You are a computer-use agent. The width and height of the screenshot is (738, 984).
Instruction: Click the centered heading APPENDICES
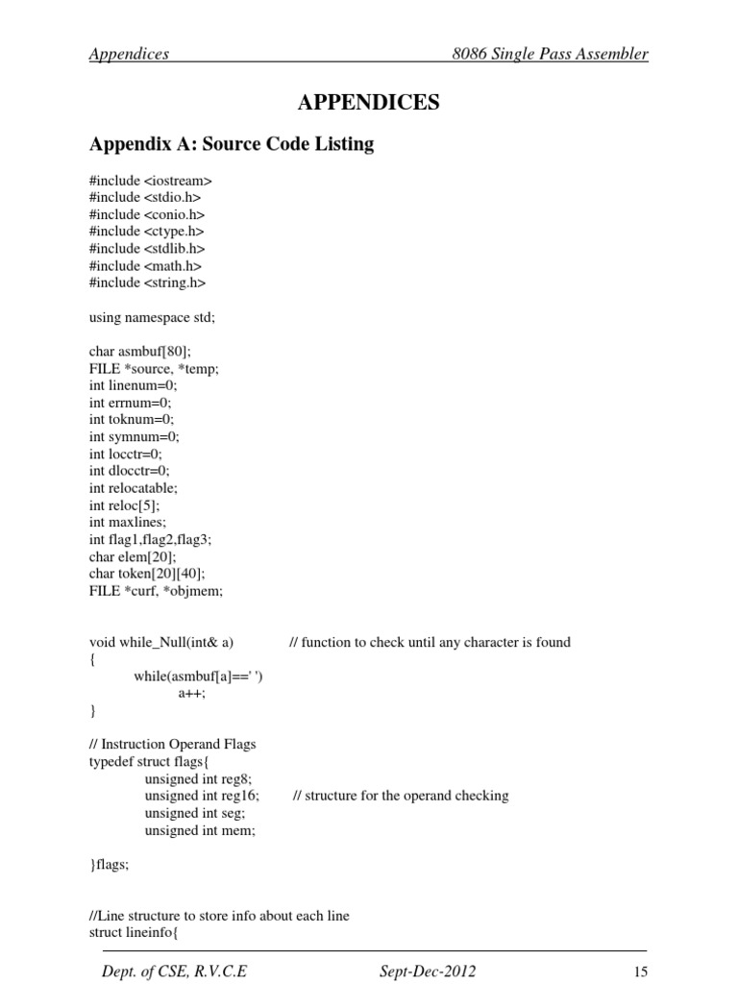[x=369, y=103]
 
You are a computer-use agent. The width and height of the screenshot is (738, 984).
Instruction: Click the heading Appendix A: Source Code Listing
[x=231, y=145]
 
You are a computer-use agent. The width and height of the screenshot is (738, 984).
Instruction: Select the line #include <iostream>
[x=150, y=181]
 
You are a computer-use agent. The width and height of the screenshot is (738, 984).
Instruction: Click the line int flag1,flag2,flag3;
[x=150, y=540]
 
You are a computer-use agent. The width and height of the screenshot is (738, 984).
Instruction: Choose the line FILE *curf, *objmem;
[x=156, y=591]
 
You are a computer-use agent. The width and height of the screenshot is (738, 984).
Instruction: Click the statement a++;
[x=192, y=693]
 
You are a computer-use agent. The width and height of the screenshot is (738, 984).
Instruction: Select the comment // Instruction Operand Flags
[x=173, y=744]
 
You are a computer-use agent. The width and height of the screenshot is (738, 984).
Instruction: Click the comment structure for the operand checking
[x=401, y=796]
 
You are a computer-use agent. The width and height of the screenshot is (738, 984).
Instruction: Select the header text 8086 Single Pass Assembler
[x=550, y=54]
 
